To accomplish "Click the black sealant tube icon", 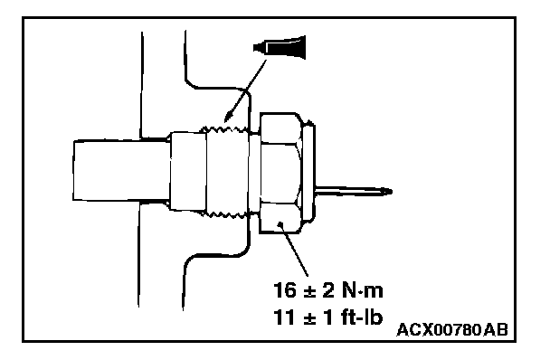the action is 280,47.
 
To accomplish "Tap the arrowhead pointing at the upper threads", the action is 228,116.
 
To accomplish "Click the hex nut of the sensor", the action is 280,173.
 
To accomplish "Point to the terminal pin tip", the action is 390,191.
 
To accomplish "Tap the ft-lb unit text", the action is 361,317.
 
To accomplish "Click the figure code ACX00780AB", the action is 452,330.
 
